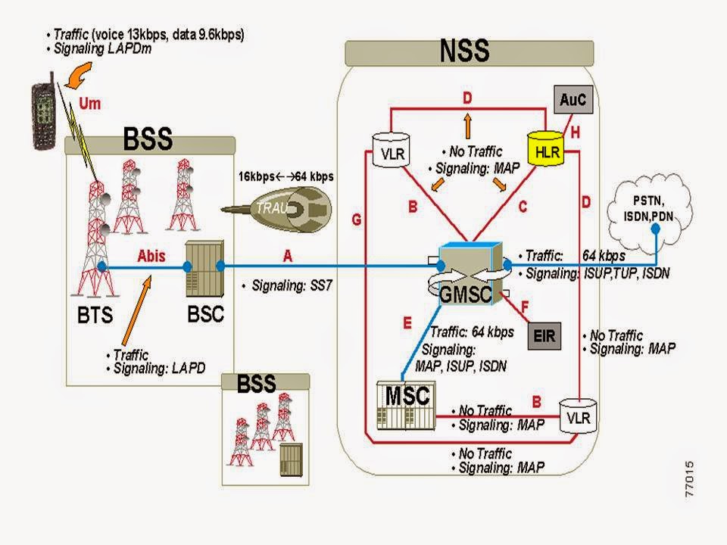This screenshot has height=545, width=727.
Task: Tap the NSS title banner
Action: point(464,51)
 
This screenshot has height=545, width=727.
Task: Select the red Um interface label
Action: point(89,103)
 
